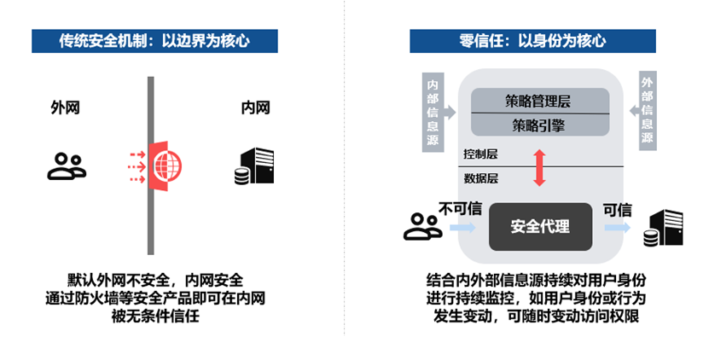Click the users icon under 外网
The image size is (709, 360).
[66, 165]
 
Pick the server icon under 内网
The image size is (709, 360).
[254, 165]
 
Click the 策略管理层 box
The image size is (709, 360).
[541, 101]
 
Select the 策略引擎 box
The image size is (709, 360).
[541, 125]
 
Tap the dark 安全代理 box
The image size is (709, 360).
[540, 227]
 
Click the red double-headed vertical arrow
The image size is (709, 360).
[538, 168]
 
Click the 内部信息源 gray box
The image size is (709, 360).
[433, 112]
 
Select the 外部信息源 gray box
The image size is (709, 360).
[647, 112]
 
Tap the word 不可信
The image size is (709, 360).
[461, 209]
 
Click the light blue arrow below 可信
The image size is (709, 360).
[617, 228]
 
